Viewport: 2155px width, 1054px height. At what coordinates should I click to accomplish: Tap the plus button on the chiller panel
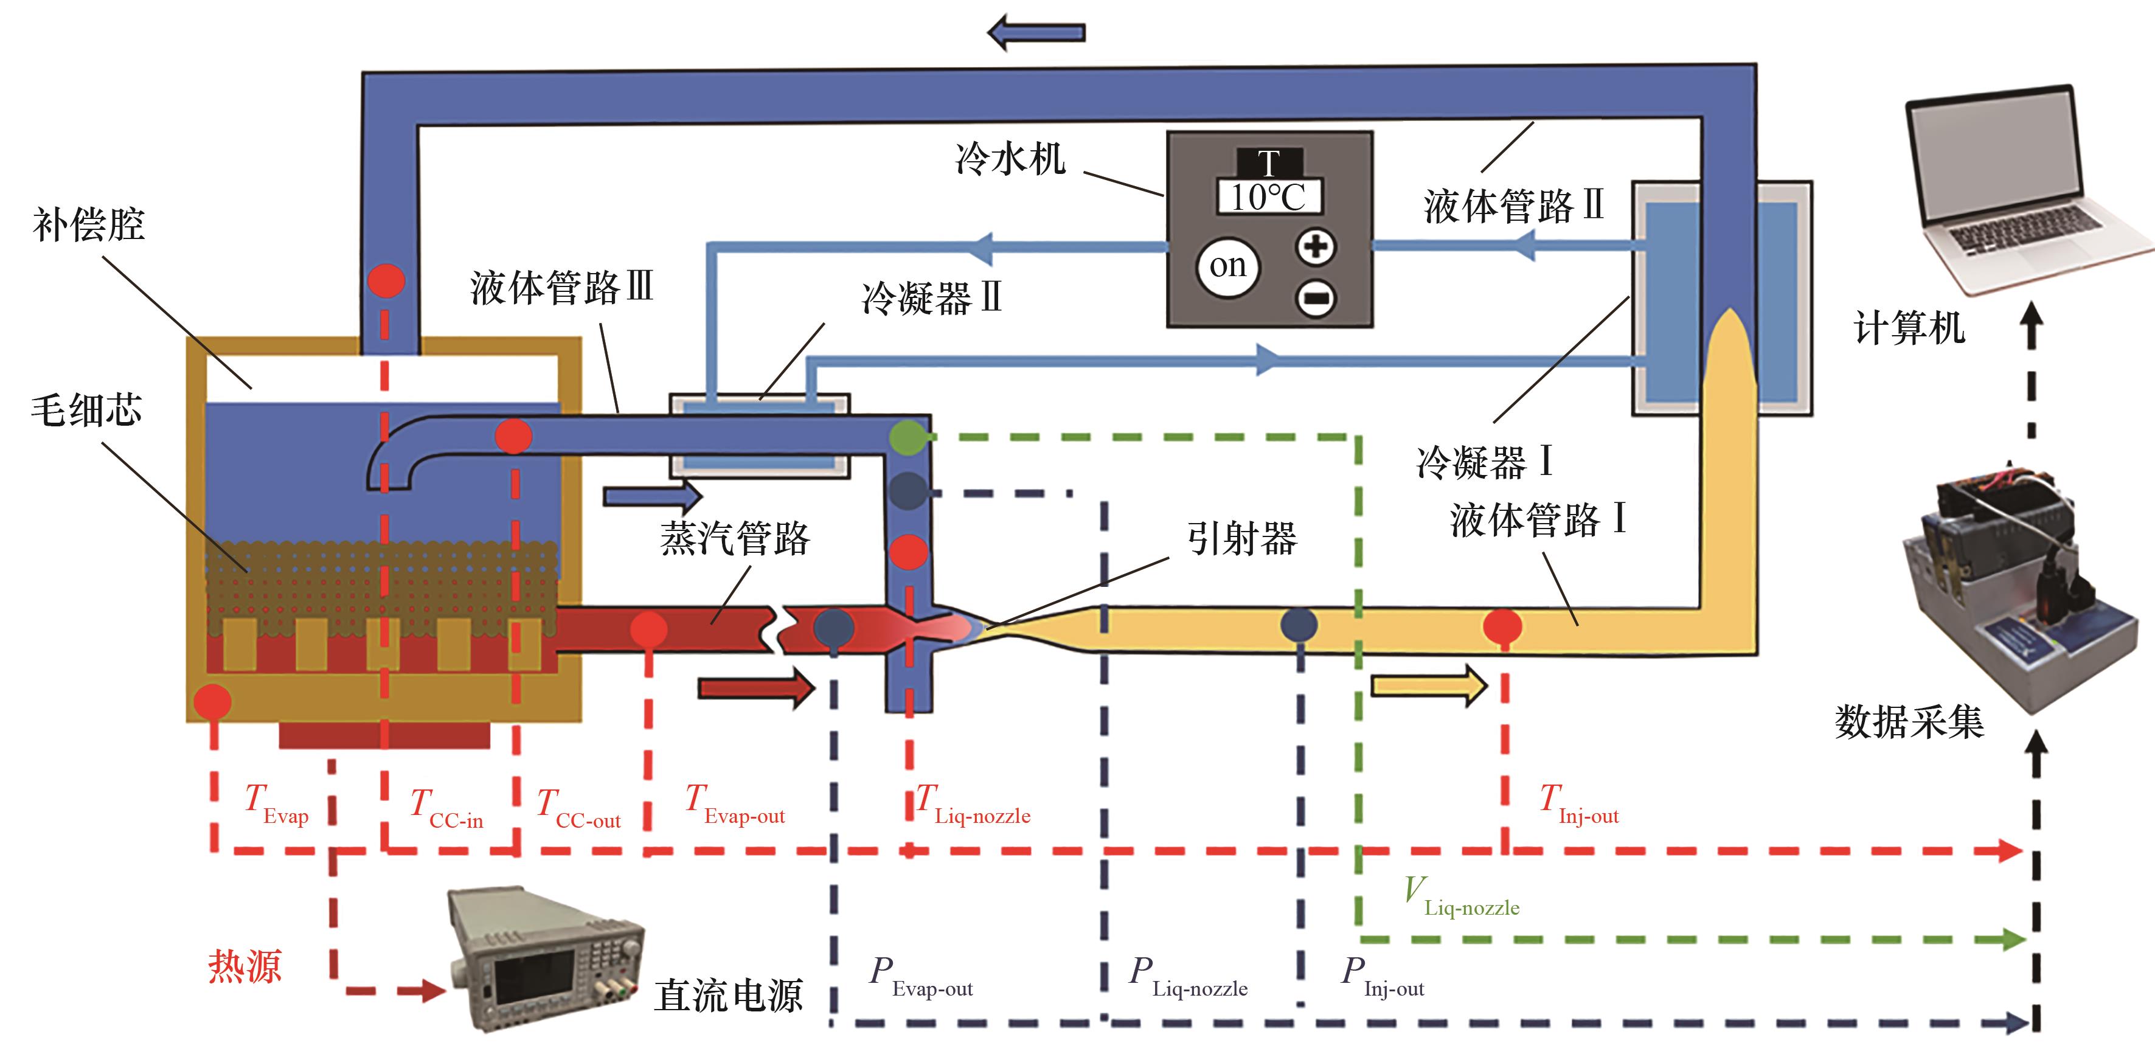[x=1315, y=246]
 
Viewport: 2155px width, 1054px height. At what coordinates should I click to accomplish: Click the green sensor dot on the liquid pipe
[x=907, y=437]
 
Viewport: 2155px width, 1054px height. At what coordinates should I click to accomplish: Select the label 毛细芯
[x=86, y=411]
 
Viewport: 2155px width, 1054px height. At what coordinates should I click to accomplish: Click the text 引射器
[x=1241, y=538]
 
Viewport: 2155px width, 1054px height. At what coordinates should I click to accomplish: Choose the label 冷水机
[x=1010, y=158]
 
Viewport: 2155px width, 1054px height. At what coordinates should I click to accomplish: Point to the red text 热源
[x=245, y=967]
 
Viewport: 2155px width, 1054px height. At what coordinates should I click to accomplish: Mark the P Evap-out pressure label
[x=921, y=977]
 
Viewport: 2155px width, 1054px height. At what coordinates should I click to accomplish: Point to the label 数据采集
[x=1909, y=721]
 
